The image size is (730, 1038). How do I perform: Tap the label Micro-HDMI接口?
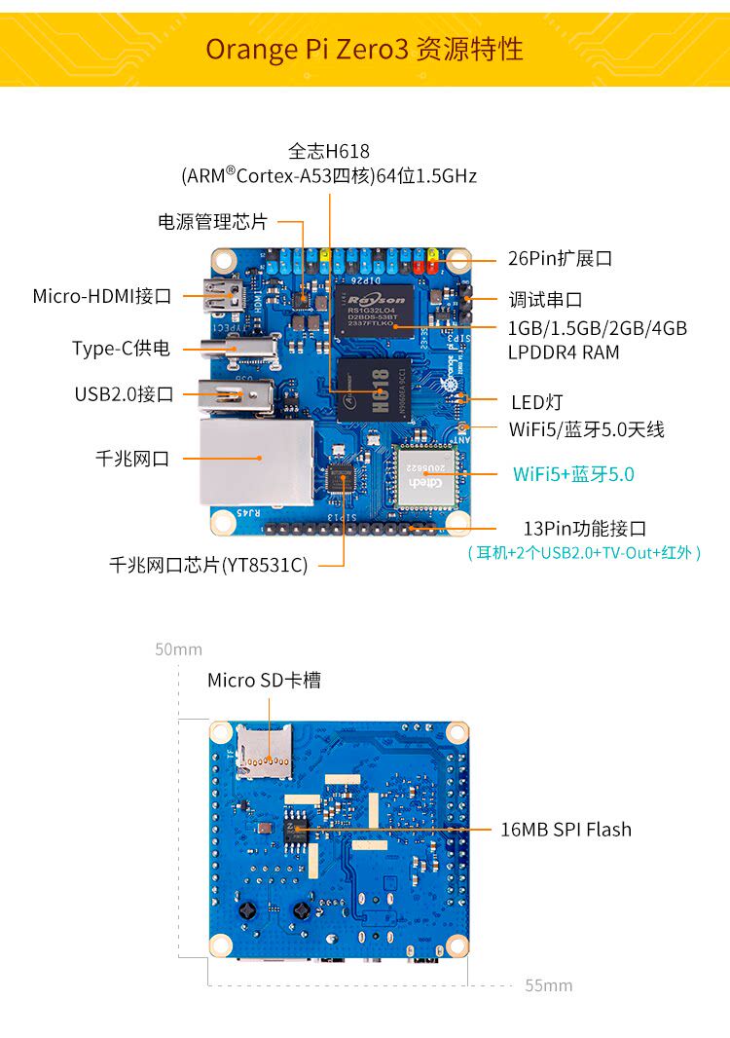[101, 296]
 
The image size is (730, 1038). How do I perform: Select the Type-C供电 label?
[121, 349]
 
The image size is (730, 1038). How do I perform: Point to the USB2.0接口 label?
[124, 394]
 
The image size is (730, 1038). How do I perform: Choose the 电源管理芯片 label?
[212, 222]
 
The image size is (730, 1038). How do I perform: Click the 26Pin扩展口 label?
[560, 259]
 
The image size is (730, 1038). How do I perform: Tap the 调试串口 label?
[545, 300]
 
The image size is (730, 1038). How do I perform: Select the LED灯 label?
[536, 402]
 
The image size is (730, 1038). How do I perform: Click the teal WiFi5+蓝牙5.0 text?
[573, 474]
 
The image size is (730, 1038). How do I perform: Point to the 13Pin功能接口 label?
[584, 529]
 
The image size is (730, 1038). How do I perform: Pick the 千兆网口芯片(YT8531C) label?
[208, 565]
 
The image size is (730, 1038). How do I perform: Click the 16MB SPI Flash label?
[566, 830]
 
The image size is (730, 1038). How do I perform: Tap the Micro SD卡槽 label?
[264, 681]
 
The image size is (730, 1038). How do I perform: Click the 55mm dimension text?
[549, 985]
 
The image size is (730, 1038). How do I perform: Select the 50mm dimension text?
[178, 649]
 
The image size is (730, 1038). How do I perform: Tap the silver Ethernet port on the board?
[256, 458]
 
